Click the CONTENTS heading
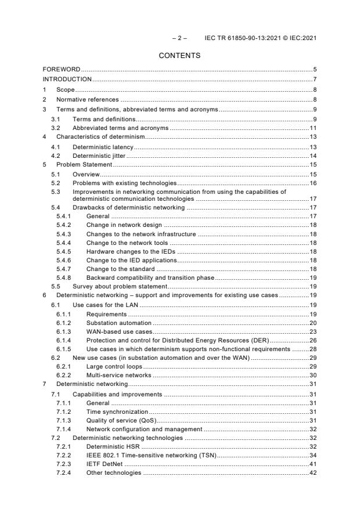point(179,56)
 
